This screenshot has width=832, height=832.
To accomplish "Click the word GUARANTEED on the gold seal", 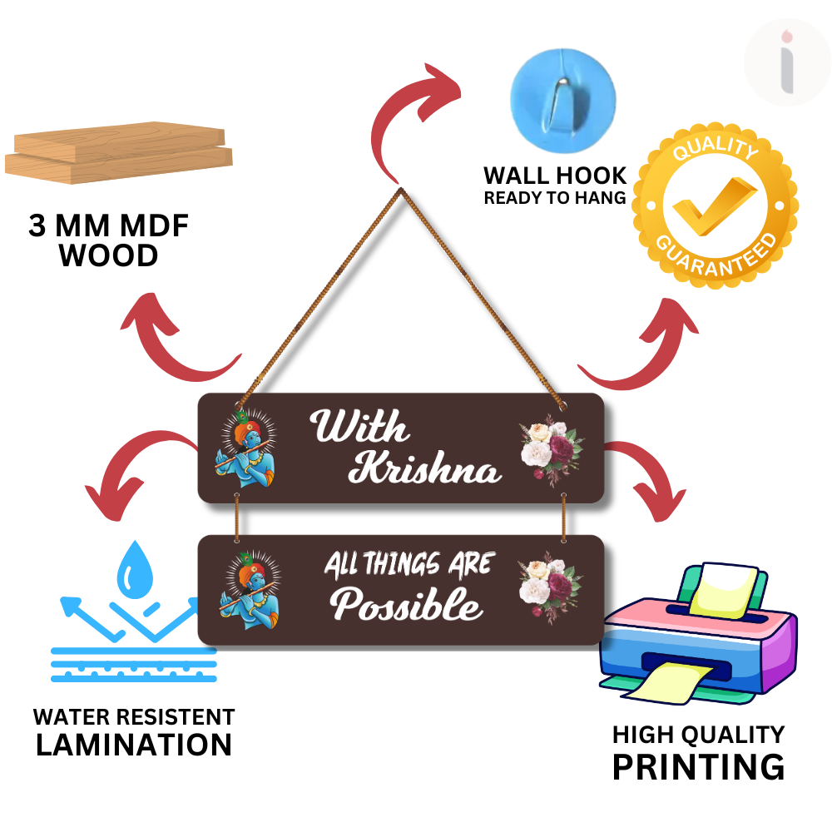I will pyautogui.click(x=716, y=255).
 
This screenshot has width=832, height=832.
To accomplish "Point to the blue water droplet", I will pyautogui.click(x=133, y=572).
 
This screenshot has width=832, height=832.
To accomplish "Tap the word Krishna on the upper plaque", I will pyautogui.click(x=424, y=469).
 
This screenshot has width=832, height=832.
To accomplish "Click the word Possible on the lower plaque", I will pyautogui.click(x=407, y=605).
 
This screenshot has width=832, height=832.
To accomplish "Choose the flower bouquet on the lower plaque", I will pyautogui.click(x=549, y=587).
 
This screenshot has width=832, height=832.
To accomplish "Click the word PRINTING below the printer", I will pyautogui.click(x=698, y=766).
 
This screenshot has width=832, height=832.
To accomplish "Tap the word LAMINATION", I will pyautogui.click(x=133, y=745).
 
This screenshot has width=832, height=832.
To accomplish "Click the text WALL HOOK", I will pyautogui.click(x=555, y=176).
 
